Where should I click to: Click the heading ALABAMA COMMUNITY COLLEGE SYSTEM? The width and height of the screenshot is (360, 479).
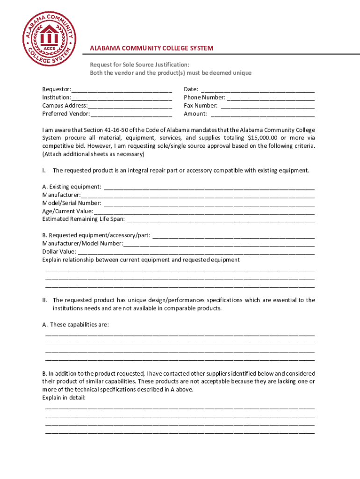coord(151,48)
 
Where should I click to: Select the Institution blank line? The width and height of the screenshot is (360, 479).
coord(122,97)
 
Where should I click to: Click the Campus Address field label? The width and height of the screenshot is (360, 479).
coord(64,106)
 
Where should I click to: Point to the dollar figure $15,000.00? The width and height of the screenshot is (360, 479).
coord(262,138)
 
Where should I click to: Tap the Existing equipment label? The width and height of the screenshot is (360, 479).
coord(72,187)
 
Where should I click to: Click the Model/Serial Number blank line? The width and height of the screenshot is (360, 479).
coord(209,203)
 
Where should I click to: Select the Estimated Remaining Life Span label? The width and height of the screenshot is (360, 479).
coord(83,219)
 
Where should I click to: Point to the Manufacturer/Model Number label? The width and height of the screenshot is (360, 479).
coord(82,244)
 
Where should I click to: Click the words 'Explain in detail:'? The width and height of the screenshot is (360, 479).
coord(64,398)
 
